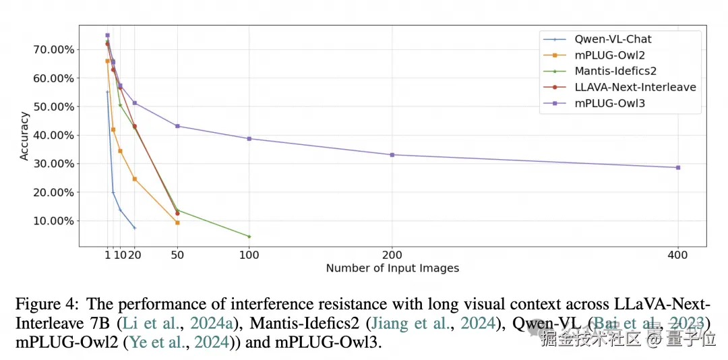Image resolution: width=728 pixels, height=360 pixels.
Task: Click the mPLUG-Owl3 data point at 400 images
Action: [677, 167]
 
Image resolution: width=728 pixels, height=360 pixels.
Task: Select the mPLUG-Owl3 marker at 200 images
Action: [392, 154]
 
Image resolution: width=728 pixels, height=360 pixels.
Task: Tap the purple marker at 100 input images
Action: [249, 139]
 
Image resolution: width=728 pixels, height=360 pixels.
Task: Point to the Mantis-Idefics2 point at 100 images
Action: [249, 237]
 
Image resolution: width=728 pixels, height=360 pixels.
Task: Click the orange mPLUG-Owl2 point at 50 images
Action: [177, 222]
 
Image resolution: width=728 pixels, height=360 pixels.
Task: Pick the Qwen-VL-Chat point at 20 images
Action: [134, 228]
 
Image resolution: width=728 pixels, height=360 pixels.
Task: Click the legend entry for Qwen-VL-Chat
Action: [613, 39]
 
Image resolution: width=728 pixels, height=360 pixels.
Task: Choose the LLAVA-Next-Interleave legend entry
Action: [635, 87]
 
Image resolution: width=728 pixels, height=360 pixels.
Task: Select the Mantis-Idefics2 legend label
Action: [615, 71]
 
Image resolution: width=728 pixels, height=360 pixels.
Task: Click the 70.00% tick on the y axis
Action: [52, 49]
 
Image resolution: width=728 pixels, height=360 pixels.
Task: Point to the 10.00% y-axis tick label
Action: [52, 220]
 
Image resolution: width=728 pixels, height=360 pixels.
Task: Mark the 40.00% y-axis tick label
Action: [52, 135]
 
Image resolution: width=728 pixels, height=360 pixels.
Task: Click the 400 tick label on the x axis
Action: [677, 254]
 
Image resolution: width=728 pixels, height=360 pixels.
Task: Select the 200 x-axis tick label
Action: [392, 254]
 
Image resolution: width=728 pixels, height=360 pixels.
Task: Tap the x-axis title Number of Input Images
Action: [392, 268]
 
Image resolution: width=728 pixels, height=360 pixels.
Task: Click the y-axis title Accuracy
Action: [24, 136]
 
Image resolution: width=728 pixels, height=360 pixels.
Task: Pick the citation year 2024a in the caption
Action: [210, 323]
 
